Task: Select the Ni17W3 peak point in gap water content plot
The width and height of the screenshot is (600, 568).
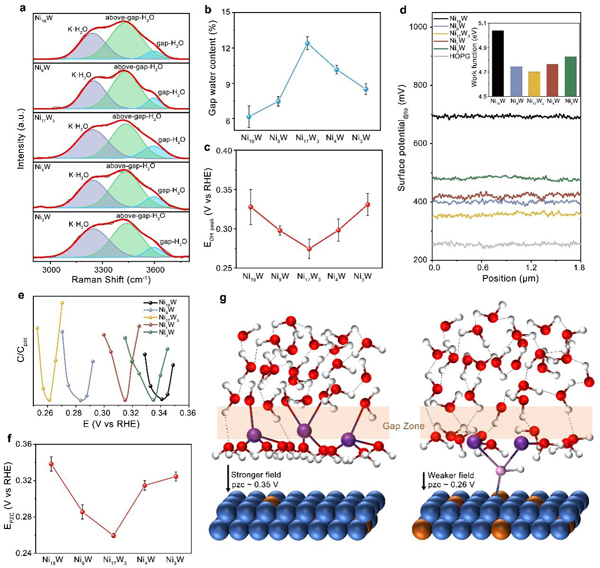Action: click(308, 43)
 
